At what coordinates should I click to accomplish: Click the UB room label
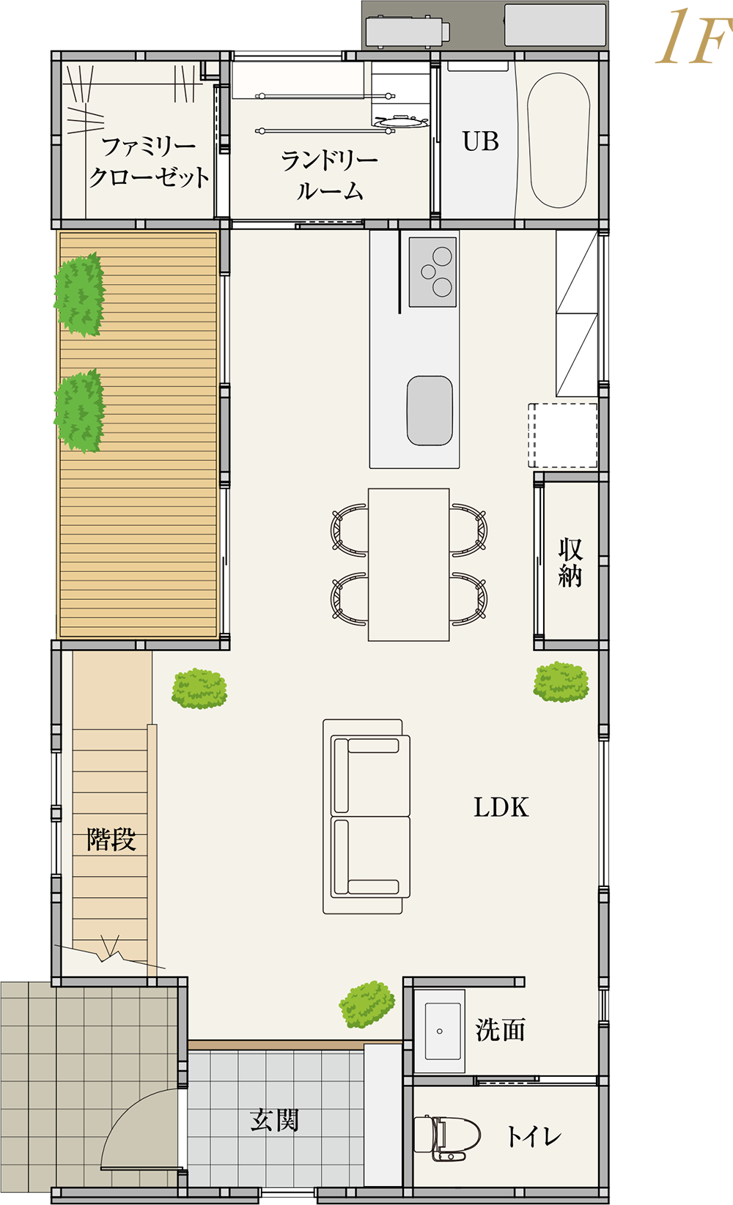coord(481,141)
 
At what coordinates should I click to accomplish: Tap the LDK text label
coord(501,807)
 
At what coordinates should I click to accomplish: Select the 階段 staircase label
coord(111,839)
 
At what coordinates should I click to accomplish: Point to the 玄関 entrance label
coord(274,1121)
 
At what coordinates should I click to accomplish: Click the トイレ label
coord(534,1137)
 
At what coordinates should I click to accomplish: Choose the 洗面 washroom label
coord(501,1030)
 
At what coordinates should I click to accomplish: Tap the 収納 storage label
coord(570,562)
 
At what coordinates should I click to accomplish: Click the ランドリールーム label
coord(329,175)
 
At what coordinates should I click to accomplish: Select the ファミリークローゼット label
coord(149,162)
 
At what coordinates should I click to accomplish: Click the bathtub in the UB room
coord(558,140)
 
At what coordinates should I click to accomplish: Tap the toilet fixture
coord(446,1137)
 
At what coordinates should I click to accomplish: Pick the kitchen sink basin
coord(430,410)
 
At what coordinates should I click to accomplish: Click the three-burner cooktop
coord(432,272)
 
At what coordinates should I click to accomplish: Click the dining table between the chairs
coord(408,564)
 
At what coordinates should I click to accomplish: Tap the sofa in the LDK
coord(366,816)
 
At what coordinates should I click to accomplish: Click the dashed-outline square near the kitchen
coord(562,435)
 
